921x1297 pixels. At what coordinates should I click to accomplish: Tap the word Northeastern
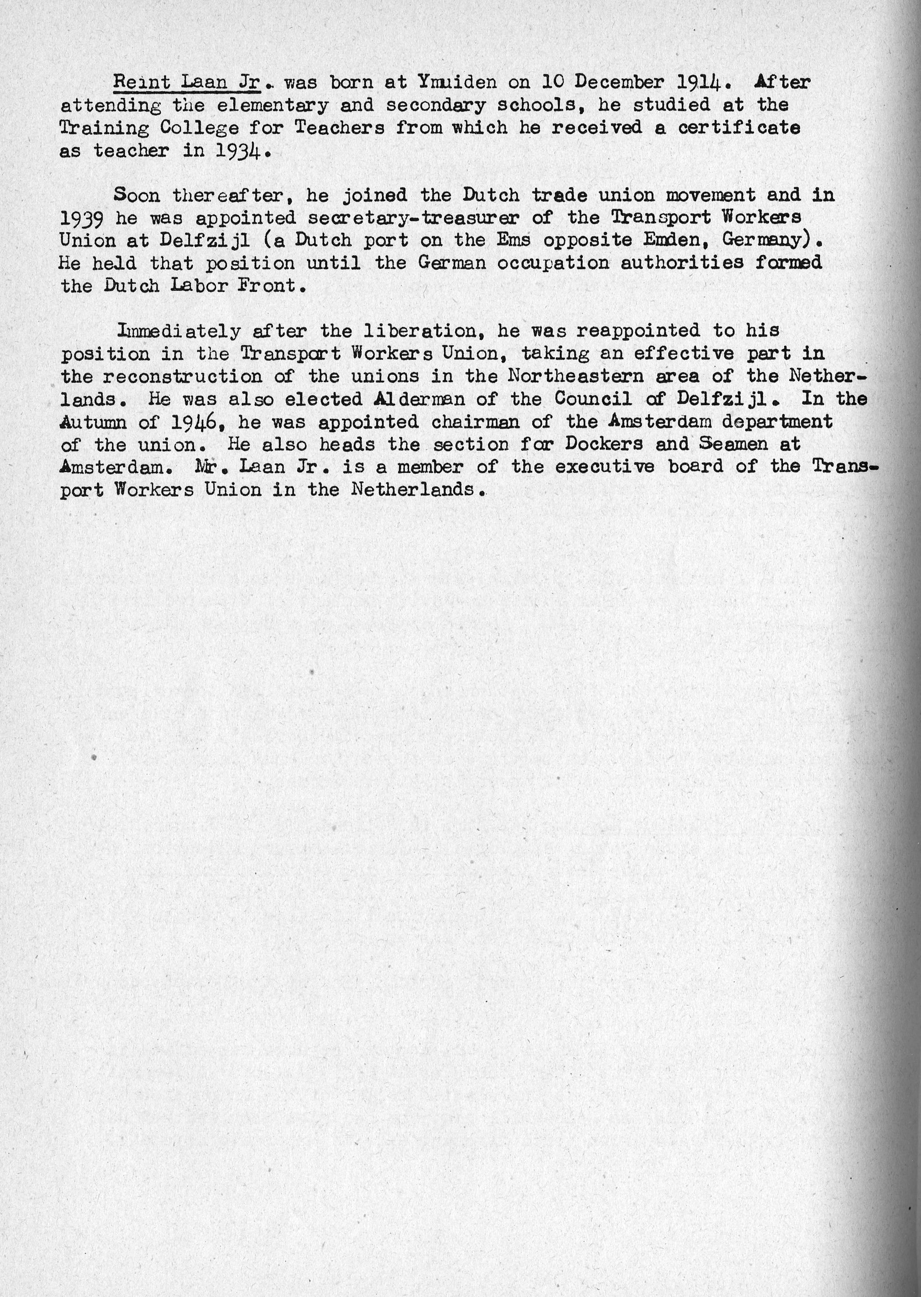[576, 377]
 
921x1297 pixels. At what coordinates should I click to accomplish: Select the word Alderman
[419, 399]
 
